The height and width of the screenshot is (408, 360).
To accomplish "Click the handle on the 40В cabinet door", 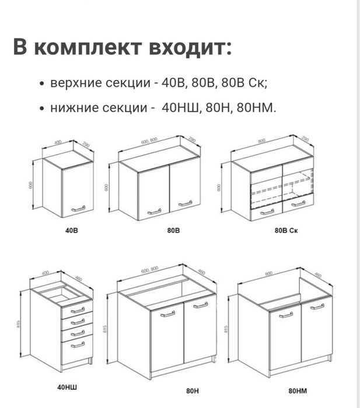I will click(x=78, y=208).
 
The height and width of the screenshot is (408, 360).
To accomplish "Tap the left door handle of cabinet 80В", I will click(x=155, y=211).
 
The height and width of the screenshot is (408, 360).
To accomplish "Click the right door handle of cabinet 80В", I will click(x=185, y=203).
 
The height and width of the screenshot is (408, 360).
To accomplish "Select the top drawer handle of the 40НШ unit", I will click(x=78, y=311).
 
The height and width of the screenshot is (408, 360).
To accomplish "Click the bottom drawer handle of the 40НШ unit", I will click(x=78, y=344).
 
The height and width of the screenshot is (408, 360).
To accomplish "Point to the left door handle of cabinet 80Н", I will click(x=167, y=314).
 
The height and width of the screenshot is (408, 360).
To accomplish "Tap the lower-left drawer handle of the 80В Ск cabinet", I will click(x=266, y=212).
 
